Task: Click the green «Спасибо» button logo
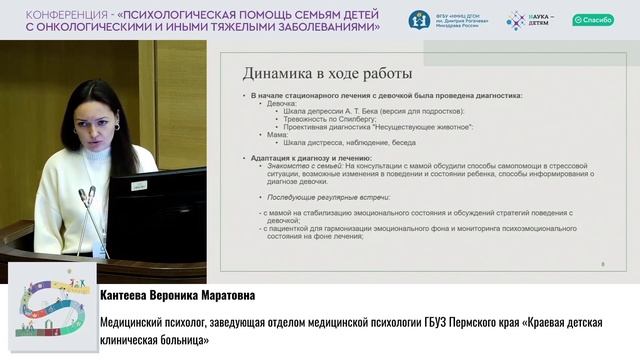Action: (x=593, y=20)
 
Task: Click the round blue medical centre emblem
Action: (x=419, y=20)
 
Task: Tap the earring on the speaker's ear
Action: (x=116, y=128)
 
